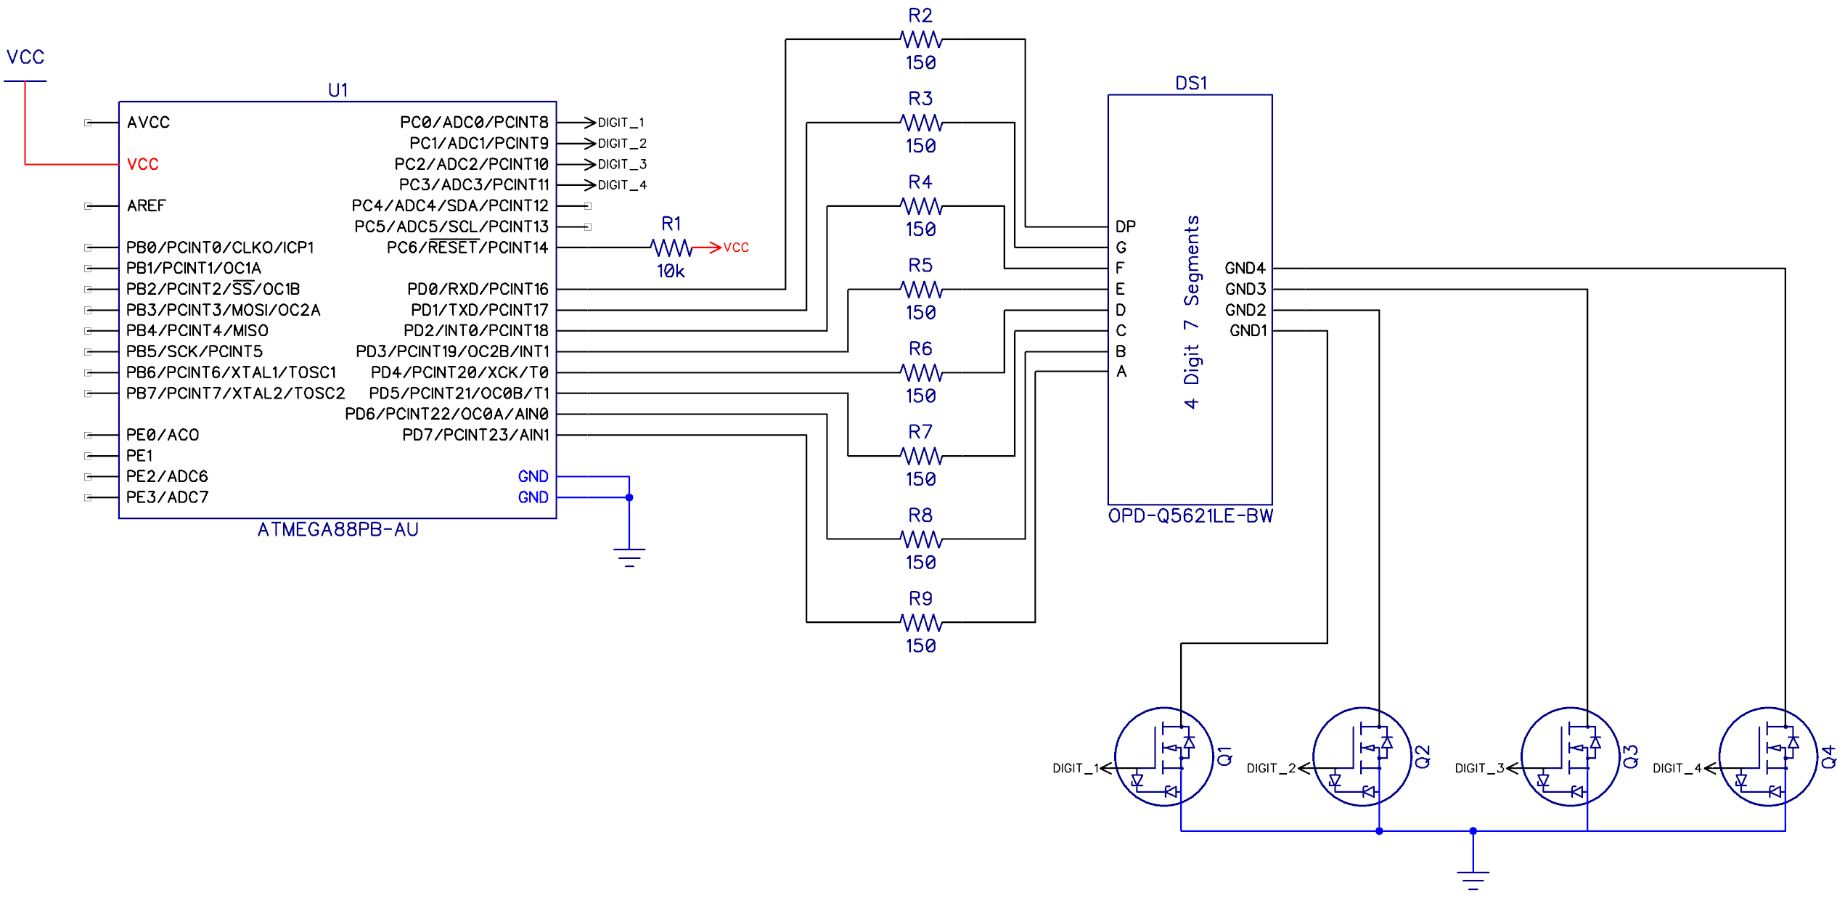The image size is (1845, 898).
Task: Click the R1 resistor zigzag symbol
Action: [671, 248]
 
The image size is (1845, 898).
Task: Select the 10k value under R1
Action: [671, 272]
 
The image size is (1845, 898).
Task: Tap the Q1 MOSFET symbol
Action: [1163, 757]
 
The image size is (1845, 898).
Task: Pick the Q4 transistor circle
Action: [1767, 757]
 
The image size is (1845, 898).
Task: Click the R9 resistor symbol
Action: [920, 623]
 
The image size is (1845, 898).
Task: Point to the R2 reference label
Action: [920, 15]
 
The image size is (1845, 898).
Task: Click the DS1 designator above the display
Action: [1190, 83]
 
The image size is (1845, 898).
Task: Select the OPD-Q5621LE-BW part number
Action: [1190, 516]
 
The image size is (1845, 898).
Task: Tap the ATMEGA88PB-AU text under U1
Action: [337, 530]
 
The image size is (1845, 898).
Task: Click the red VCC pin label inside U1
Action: [142, 165]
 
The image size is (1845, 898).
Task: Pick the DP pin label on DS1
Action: [1125, 226]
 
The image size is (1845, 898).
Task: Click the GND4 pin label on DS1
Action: [1245, 269]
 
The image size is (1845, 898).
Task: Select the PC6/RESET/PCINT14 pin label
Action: [467, 248]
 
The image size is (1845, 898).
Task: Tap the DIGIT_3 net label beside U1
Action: [622, 165]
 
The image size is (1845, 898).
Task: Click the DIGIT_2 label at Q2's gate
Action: [1271, 768]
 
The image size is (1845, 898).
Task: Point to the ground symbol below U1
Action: [629, 557]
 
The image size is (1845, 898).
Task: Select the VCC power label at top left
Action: [25, 57]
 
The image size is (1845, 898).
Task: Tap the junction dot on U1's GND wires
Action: [629, 498]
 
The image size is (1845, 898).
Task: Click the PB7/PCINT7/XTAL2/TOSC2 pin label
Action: [235, 393]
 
